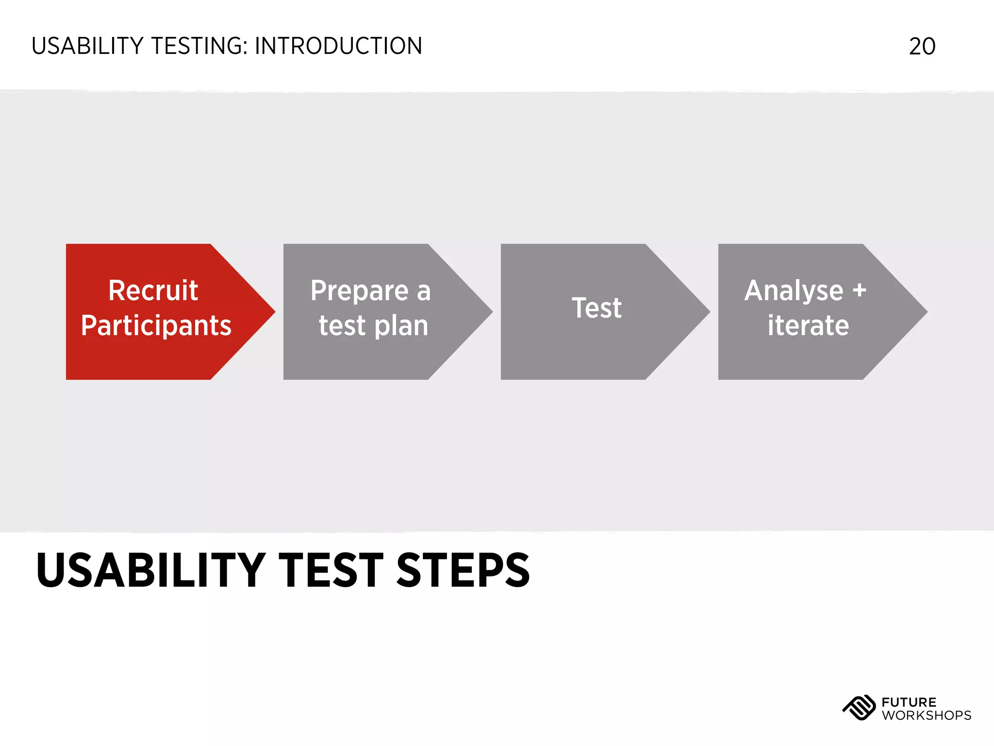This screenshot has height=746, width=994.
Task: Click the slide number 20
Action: [922, 47]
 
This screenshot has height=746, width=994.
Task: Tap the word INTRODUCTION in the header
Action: [338, 47]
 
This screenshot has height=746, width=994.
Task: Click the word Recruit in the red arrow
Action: [153, 290]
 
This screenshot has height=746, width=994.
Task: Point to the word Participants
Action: [156, 325]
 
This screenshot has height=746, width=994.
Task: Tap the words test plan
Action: [373, 325]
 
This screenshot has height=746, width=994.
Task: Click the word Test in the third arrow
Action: [596, 308]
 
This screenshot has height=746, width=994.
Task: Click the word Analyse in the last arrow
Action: [794, 290]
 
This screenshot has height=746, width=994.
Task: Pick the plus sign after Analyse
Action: [859, 290]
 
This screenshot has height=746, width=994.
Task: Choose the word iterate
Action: [808, 325]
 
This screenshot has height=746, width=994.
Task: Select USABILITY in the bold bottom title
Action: [150, 570]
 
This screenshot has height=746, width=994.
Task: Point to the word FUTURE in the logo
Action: [909, 702]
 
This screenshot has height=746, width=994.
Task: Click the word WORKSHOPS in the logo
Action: [926, 715]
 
